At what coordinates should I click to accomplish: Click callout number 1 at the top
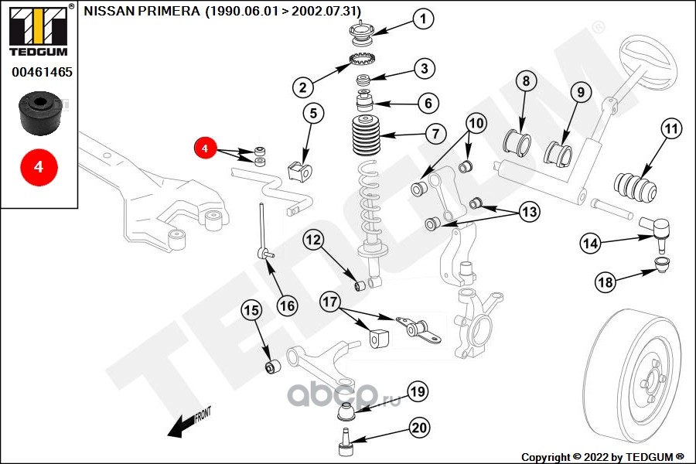pyautogui.click(x=423, y=19)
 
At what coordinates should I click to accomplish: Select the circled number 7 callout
pyautogui.click(x=435, y=134)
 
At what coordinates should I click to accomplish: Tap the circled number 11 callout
pyautogui.click(x=670, y=129)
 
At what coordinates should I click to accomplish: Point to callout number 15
pyautogui.click(x=251, y=310)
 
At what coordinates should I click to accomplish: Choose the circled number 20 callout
pyautogui.click(x=418, y=428)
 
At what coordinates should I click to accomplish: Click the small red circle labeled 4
pyautogui.click(x=205, y=148)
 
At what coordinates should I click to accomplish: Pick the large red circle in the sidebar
pyautogui.click(x=39, y=167)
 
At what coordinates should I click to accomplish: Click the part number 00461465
pyautogui.click(x=42, y=72)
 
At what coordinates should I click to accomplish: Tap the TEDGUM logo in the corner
pyautogui.click(x=39, y=29)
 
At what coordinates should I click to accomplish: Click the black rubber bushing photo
pyautogui.click(x=39, y=113)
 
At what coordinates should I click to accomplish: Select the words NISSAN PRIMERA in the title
pyautogui.click(x=142, y=11)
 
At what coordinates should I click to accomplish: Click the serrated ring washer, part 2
pyautogui.click(x=363, y=59)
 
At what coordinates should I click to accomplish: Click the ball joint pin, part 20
pyautogui.click(x=346, y=442)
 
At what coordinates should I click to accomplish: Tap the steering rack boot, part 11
pyautogui.click(x=635, y=187)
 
